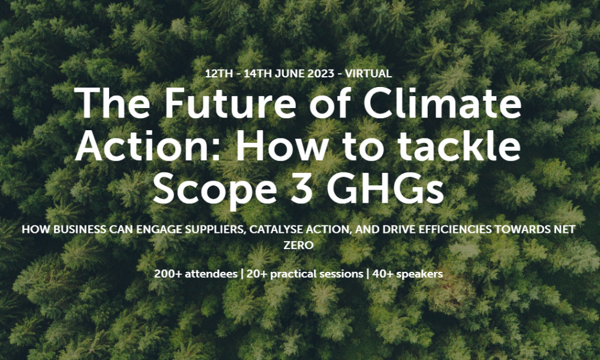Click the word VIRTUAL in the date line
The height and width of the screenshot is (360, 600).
368,73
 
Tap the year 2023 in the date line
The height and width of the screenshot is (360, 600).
320,73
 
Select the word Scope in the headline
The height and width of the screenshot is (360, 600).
215,191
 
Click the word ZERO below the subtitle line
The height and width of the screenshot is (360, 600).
298,245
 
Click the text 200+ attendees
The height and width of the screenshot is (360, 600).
196,274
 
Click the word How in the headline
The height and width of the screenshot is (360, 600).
281,146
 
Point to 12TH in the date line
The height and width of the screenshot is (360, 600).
218,73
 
